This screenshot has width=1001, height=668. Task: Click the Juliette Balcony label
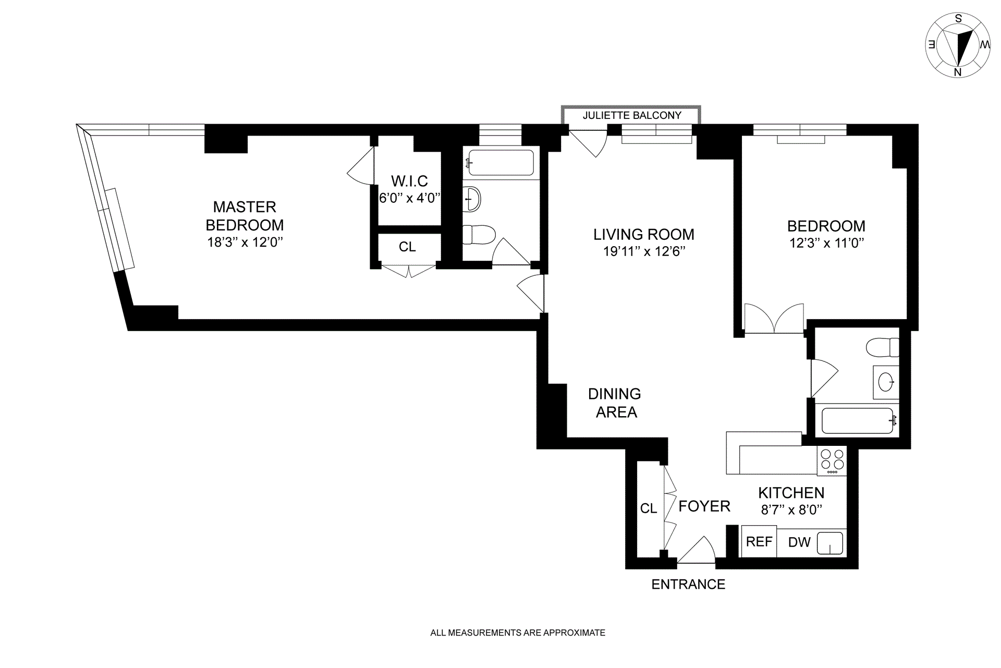[x=632, y=115]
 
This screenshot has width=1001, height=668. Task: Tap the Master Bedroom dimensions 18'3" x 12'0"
[x=245, y=242]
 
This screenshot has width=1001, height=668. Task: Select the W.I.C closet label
[x=409, y=181]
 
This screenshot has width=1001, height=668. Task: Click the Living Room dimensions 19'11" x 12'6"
[x=644, y=251]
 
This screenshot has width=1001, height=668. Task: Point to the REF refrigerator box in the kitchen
[x=759, y=541]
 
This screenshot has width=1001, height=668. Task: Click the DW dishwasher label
[x=799, y=542]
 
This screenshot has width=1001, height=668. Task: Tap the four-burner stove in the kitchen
[x=832, y=461]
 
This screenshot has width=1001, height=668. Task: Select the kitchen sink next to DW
[x=829, y=543]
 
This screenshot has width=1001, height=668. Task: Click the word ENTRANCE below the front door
[x=688, y=584]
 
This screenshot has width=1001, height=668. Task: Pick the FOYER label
[x=704, y=506]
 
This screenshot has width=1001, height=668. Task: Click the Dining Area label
[x=615, y=403]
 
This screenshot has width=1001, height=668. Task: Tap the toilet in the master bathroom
[x=479, y=235]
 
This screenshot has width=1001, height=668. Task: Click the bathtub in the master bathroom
[x=500, y=163]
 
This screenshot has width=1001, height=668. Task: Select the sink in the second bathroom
[x=886, y=382]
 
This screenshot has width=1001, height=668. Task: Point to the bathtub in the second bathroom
[x=858, y=421]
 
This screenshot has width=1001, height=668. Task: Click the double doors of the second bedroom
[x=774, y=318]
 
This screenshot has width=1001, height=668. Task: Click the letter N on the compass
[x=958, y=72]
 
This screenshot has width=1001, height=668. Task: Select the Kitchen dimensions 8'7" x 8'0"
[x=791, y=510]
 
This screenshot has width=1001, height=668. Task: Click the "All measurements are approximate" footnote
[x=518, y=633]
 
